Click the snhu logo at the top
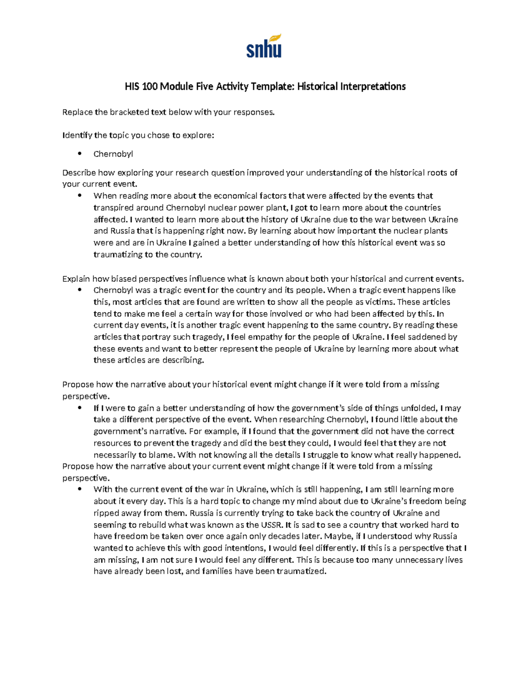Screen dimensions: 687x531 [264, 49]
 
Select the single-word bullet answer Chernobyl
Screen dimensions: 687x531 [113, 154]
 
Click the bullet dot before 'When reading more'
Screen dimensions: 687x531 [80, 196]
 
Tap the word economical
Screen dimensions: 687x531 [235, 196]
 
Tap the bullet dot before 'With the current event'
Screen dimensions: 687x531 [80, 489]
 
